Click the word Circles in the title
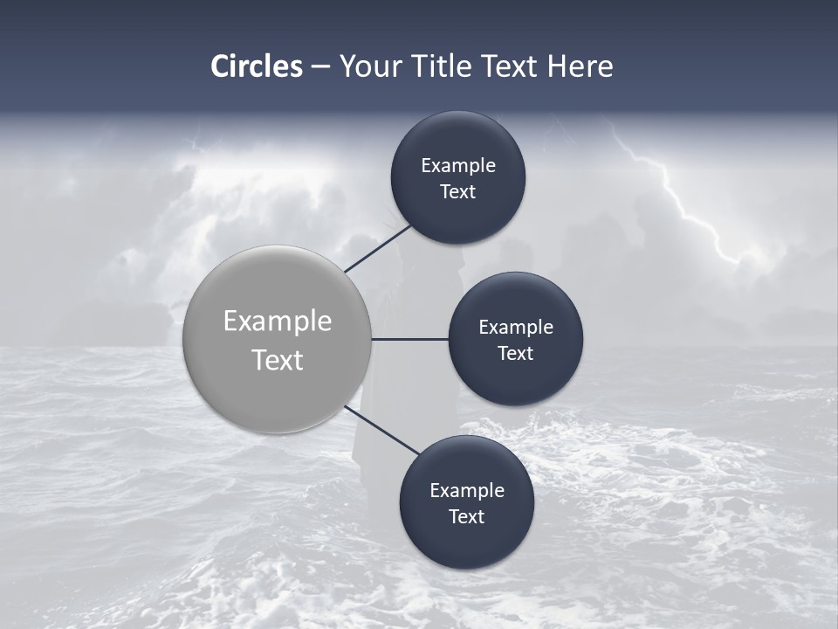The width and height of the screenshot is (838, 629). point(257,66)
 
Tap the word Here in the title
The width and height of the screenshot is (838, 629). point(580,66)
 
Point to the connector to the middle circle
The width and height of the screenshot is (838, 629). point(410,339)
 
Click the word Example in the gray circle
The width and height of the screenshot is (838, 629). point(278,321)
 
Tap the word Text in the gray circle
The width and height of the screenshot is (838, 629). point(278,360)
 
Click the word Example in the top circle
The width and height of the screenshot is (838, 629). point(458,165)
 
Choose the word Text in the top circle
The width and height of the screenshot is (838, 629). point(458,191)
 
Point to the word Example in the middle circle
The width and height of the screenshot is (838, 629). point(516,327)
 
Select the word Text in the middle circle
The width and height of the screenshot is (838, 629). point(516,353)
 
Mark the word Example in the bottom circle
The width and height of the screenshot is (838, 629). point(467,490)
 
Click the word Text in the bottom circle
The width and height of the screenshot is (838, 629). point(467,516)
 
